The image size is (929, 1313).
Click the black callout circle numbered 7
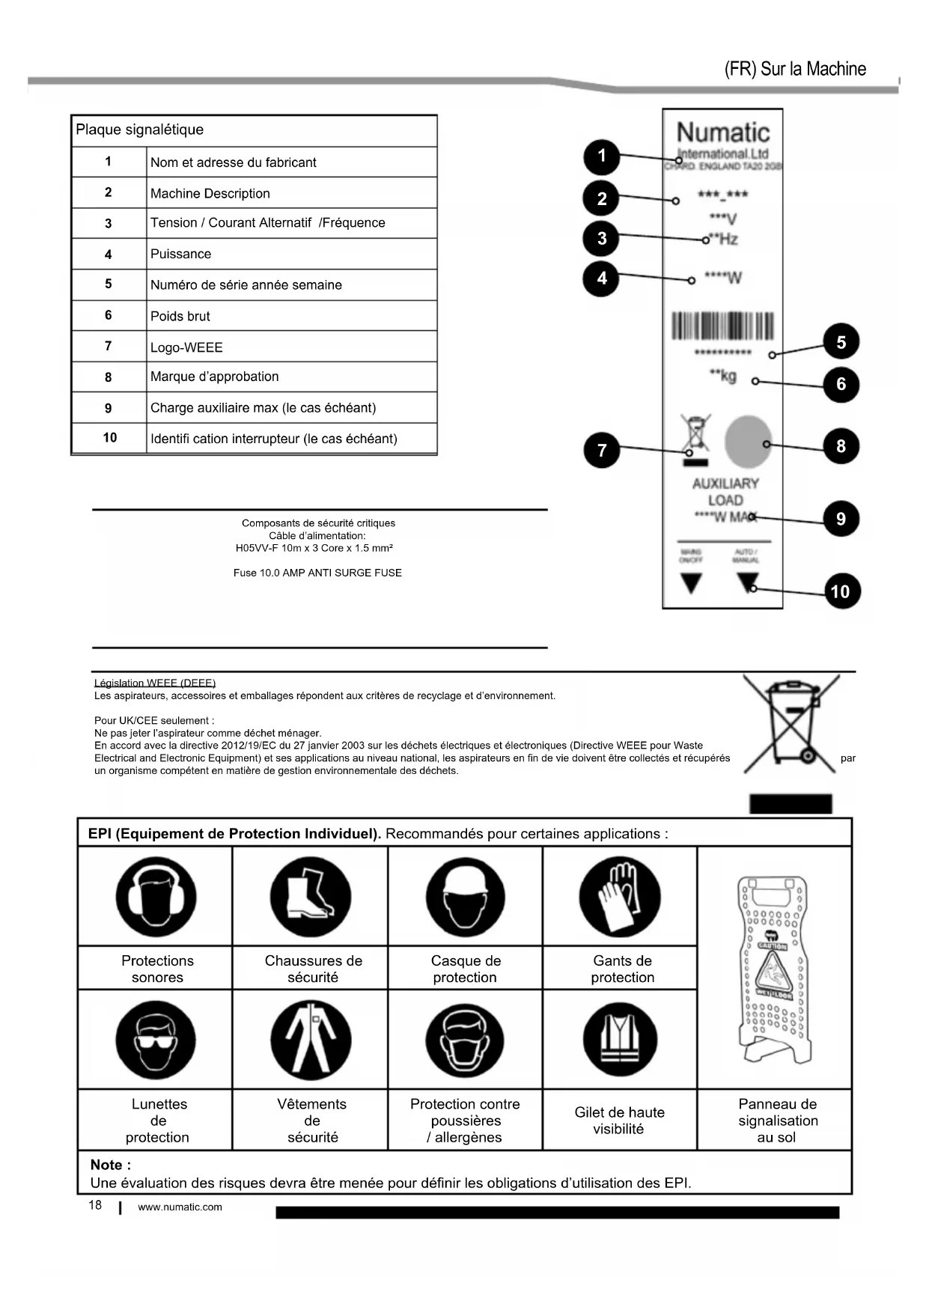point(602,450)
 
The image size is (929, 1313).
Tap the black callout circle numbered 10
point(840,591)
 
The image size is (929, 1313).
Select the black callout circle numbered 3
point(602,239)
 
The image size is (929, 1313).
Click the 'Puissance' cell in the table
point(291,254)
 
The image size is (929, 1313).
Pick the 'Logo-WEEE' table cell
point(291,347)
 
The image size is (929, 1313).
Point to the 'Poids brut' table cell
point(291,316)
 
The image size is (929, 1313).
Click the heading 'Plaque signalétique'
point(140,130)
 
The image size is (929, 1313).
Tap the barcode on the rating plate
point(722,327)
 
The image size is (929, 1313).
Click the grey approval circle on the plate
point(748,442)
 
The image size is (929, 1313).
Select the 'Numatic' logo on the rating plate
point(723,133)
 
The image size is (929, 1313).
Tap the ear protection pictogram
point(156,897)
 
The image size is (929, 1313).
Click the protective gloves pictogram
point(620,897)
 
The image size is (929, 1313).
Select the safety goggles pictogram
point(156,1040)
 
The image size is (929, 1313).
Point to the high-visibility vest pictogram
point(620,1040)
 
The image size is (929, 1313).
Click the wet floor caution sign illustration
point(772,970)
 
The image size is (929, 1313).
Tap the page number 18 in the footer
point(95,1204)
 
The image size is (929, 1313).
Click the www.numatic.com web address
point(180,1207)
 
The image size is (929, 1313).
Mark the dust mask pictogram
point(465,1040)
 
